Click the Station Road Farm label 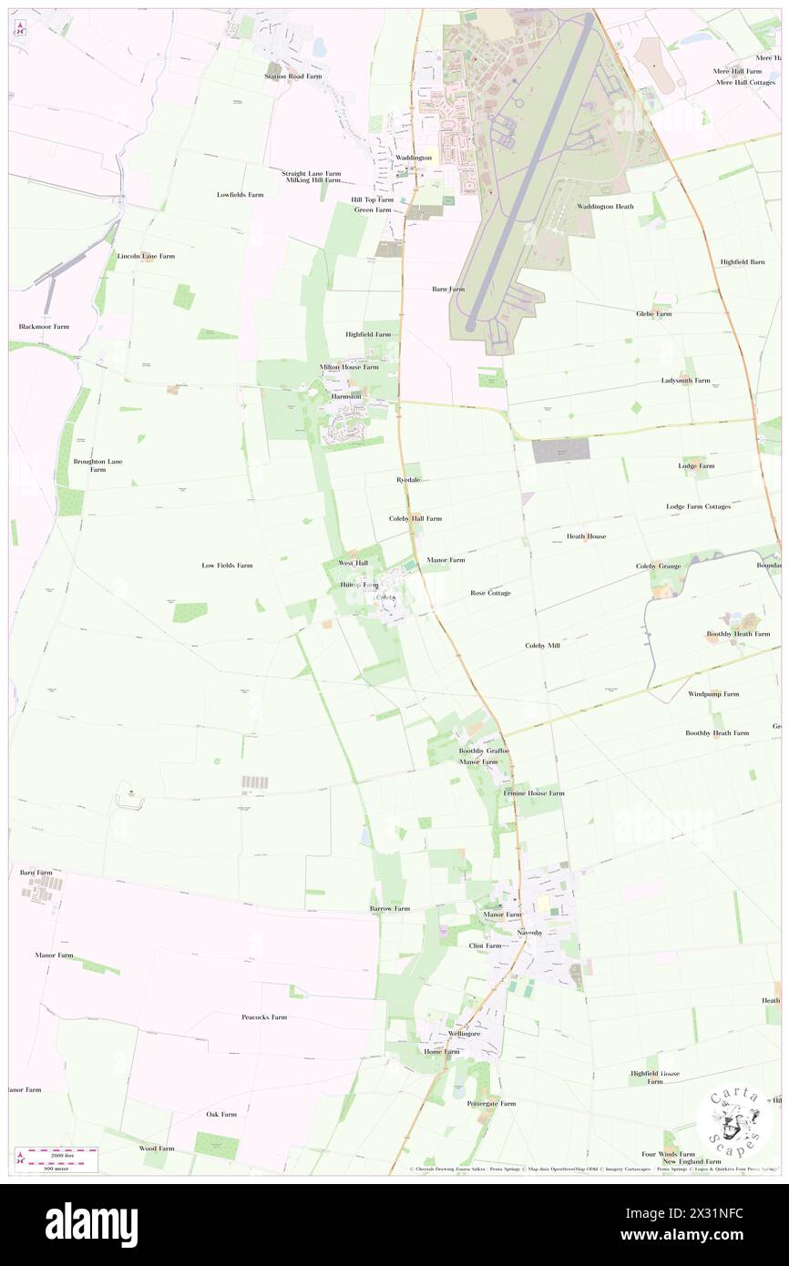click(x=293, y=77)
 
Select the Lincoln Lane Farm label click(x=146, y=256)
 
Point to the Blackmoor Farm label click(x=44, y=326)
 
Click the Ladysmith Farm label click(x=685, y=381)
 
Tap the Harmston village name click(x=346, y=397)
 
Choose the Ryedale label click(x=408, y=479)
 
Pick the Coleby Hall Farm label click(x=415, y=518)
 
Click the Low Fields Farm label click(x=227, y=566)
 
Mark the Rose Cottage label click(x=490, y=593)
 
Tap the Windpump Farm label click(x=713, y=694)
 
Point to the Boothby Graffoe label click(x=484, y=750)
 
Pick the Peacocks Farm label click(x=264, y=1017)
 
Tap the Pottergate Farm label click(x=491, y=1103)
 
